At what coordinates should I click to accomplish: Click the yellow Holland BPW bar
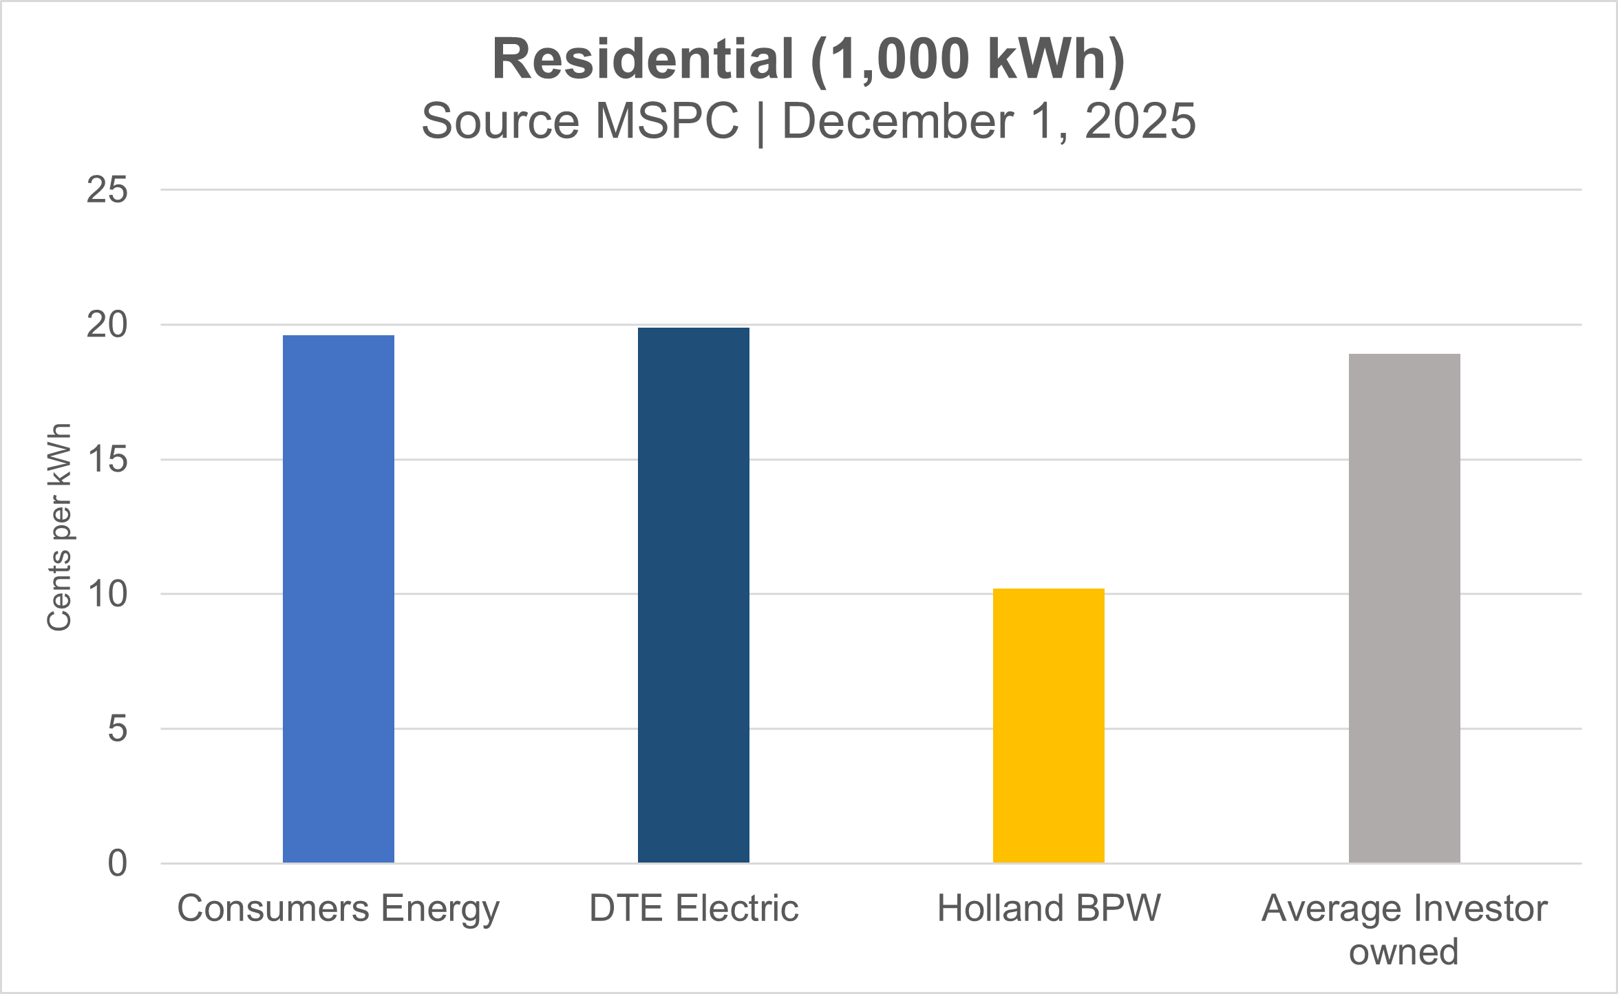1048,726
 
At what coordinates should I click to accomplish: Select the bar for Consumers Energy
338,599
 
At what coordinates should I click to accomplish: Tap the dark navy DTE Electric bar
693,595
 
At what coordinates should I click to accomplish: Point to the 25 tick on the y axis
107,189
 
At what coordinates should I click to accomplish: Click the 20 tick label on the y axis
107,324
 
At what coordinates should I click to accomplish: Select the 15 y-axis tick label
107,459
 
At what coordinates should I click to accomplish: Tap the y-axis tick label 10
107,594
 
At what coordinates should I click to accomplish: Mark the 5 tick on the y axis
117,728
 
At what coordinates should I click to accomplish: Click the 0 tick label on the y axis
117,863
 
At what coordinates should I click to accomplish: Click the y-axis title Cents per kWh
59,527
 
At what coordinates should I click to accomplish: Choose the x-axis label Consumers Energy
338,909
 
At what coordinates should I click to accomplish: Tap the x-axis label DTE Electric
693,908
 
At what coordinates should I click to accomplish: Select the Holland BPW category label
1048,908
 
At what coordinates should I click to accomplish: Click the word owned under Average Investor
1403,951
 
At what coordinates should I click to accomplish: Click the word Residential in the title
643,59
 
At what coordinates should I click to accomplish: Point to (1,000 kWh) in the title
967,60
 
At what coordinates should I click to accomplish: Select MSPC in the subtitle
666,120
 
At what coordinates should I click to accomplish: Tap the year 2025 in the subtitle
1140,120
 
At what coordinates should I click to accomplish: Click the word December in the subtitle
897,120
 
